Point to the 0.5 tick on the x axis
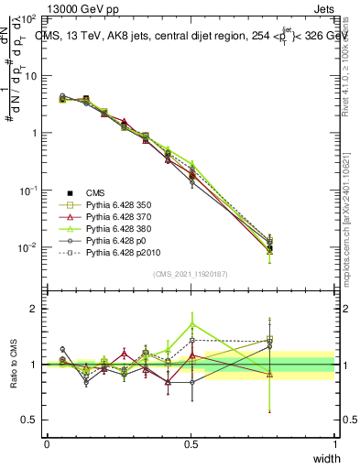tap(191, 444)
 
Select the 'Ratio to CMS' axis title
tap(16, 365)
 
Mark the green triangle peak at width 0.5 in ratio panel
tap(191, 323)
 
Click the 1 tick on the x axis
tap(334, 444)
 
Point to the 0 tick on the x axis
tap(47, 444)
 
